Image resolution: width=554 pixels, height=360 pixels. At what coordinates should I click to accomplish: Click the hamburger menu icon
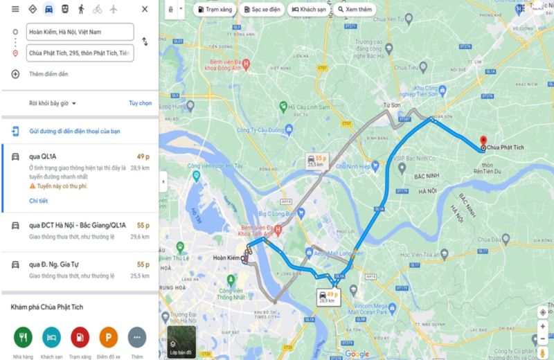coord(15,9)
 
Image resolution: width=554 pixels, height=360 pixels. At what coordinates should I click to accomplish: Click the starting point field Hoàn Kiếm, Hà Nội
coord(80,32)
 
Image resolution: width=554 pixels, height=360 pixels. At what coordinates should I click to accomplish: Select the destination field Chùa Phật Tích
coord(80,53)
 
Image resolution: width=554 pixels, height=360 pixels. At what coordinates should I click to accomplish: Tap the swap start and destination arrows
coord(145,42)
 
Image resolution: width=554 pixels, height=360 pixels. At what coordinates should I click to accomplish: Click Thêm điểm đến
coord(48,74)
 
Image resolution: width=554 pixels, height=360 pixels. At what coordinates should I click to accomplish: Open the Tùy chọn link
coord(140,103)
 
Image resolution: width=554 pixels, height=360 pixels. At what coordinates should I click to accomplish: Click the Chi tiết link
coord(38,201)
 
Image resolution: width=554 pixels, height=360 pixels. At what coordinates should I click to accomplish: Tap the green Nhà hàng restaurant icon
coord(23,337)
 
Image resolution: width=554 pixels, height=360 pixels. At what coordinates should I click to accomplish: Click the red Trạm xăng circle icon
coord(80,337)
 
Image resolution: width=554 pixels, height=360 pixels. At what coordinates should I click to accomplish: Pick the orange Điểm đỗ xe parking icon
coord(108,337)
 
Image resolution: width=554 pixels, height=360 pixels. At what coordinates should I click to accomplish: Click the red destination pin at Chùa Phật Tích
coord(483,141)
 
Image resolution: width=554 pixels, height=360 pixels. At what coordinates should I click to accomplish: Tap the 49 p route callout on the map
coord(326,296)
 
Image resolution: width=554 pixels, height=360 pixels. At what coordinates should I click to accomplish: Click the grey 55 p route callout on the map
coord(315,161)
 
